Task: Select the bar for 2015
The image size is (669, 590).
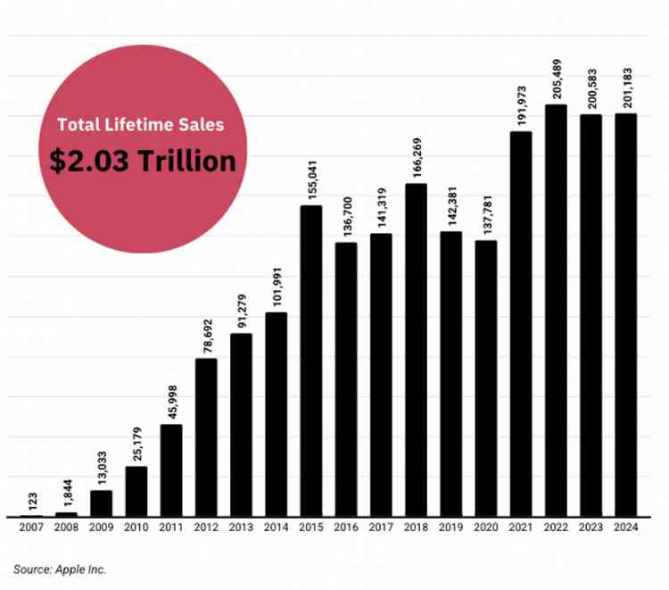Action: pos(311,361)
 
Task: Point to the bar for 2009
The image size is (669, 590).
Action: pos(102,503)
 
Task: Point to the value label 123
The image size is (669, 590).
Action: pos(32,499)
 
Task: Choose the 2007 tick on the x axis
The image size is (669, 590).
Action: pos(32,528)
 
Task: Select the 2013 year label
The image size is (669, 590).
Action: pos(242,528)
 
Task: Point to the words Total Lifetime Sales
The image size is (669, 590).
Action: pos(141,125)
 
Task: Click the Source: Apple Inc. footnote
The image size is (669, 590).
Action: pos(60,568)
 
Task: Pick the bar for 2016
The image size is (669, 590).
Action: pos(346,379)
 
